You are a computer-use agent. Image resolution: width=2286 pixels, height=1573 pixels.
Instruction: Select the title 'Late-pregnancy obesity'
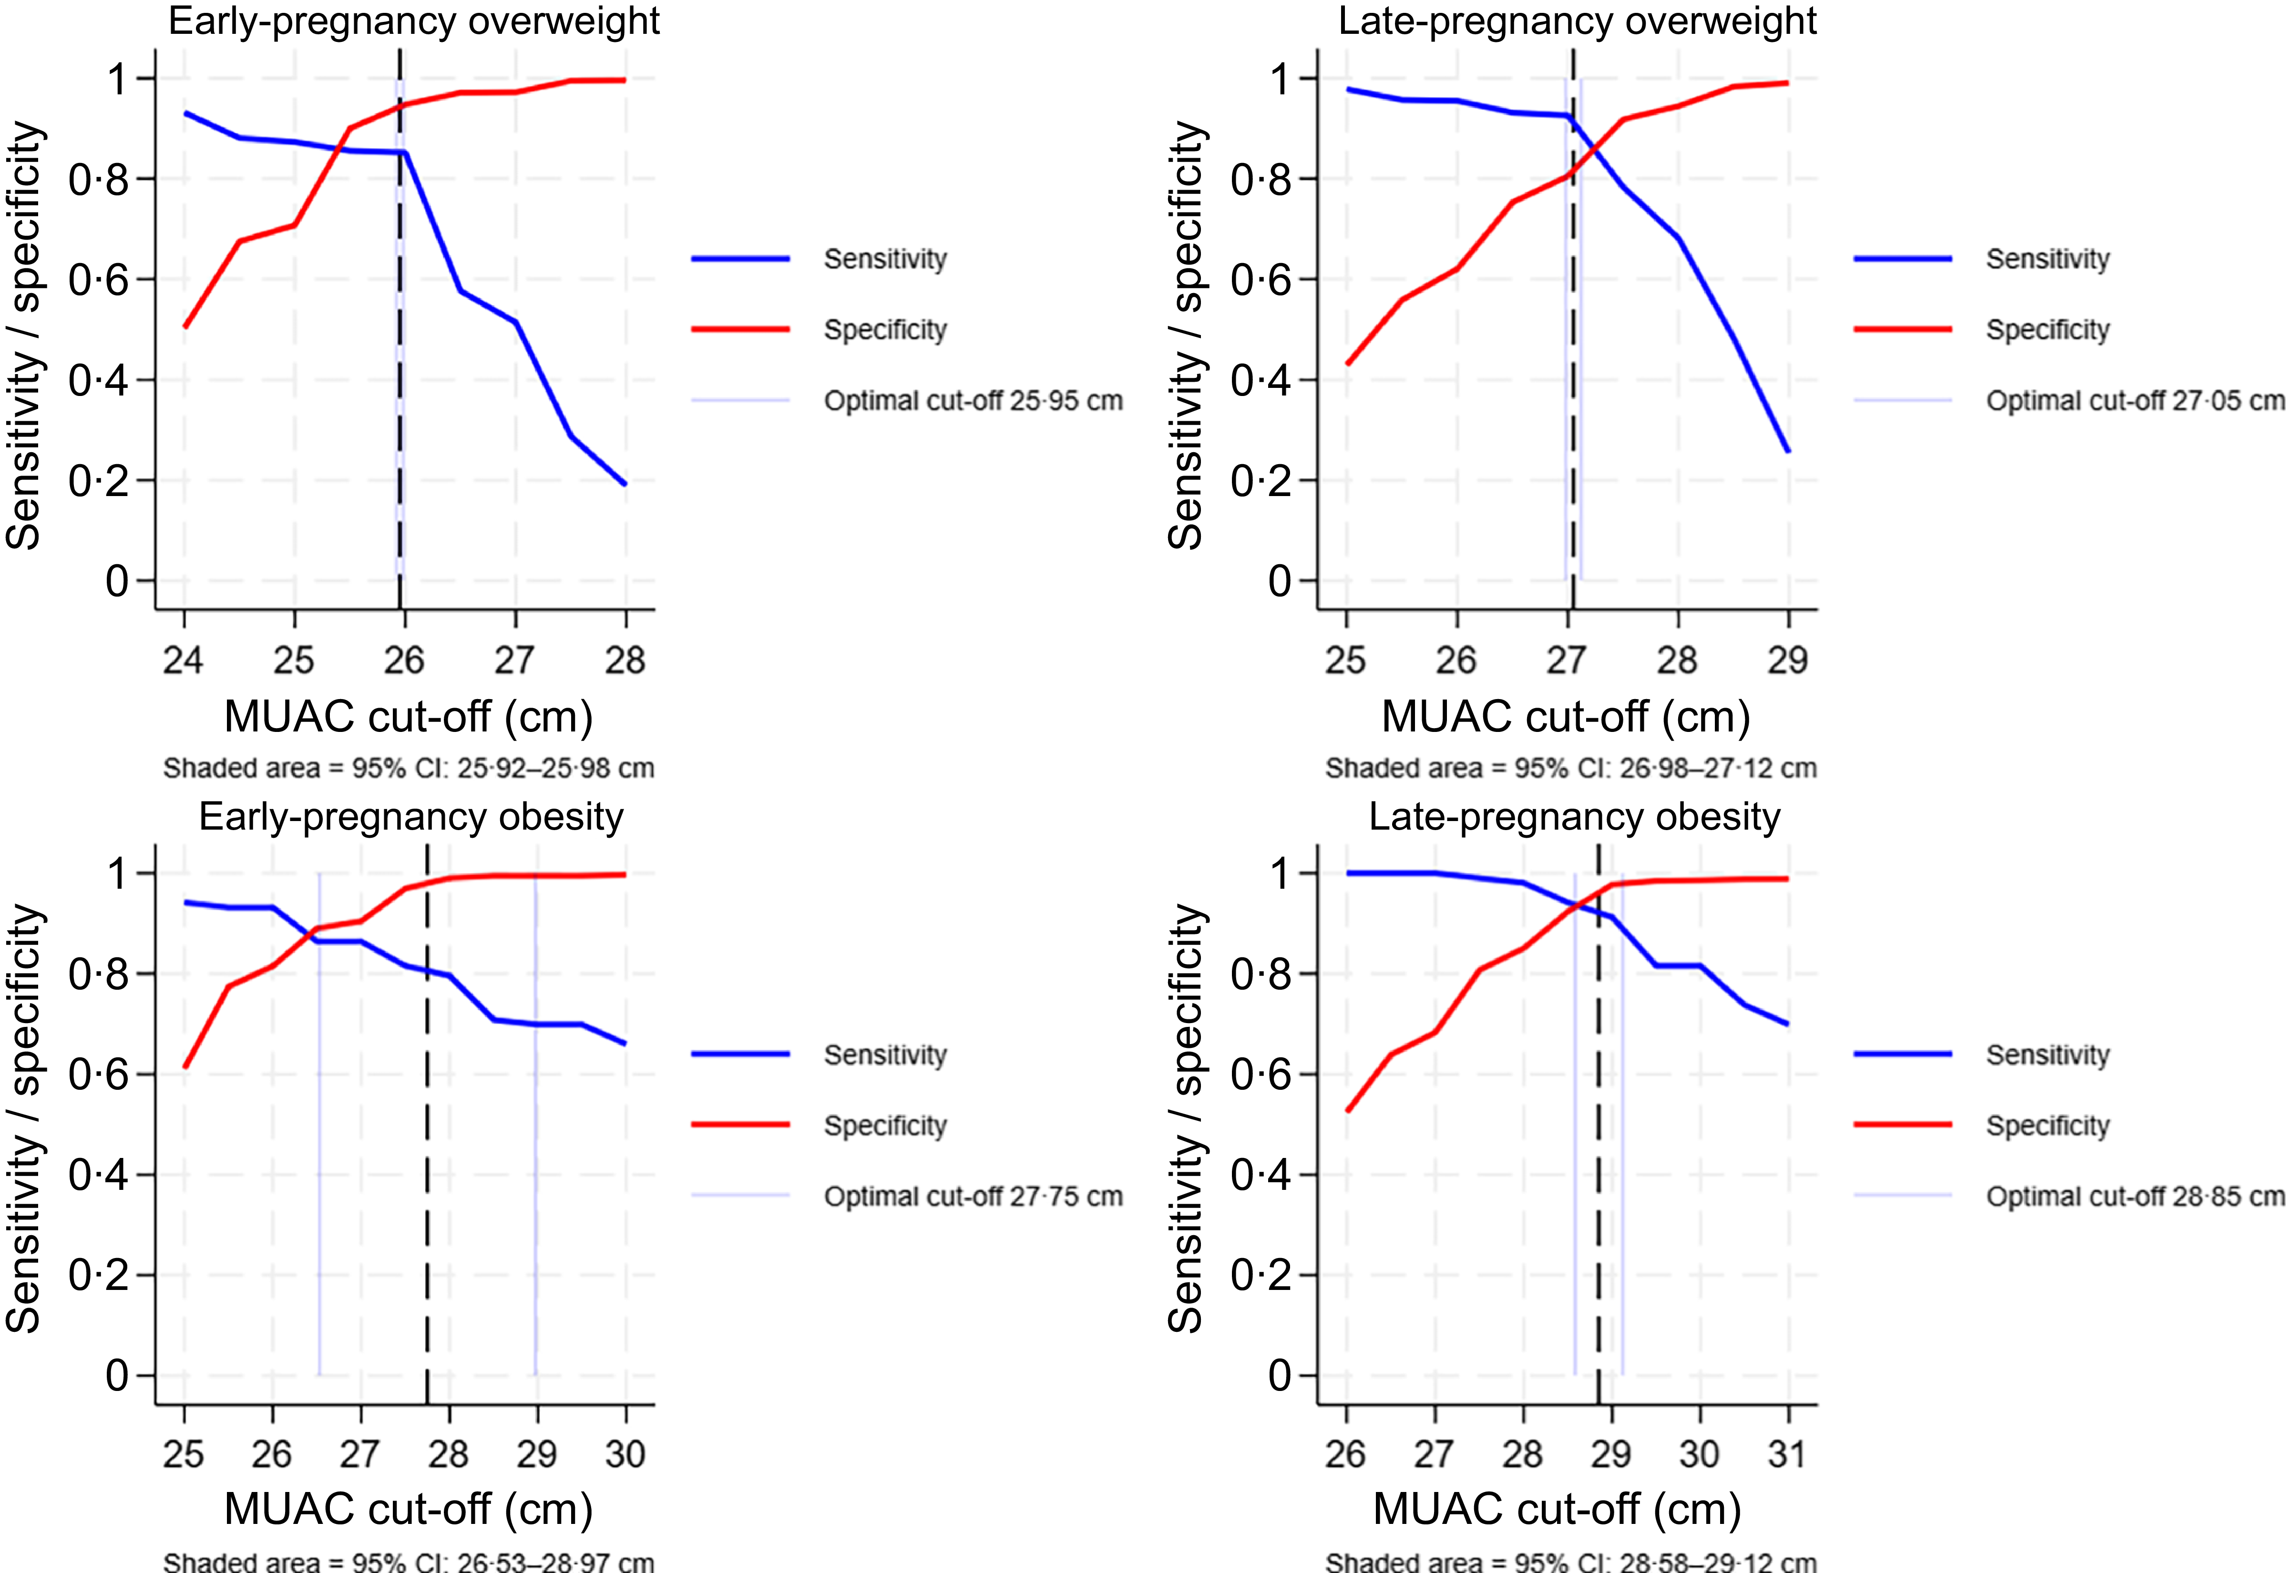click(1574, 817)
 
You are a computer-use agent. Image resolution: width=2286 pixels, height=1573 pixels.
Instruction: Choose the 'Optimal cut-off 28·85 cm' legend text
click(2135, 1197)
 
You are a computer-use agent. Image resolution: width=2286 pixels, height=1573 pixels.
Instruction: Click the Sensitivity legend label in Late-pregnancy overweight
click(2048, 259)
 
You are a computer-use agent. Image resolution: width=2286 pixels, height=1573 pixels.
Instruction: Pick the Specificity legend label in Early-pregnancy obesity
click(885, 1126)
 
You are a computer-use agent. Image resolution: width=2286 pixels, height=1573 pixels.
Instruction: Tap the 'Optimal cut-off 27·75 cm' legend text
click(973, 1197)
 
